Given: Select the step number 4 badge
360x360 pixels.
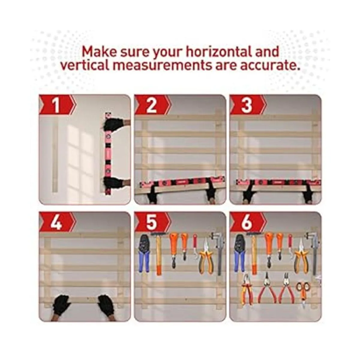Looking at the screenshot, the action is [57, 222].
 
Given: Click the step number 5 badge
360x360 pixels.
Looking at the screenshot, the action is [152, 222].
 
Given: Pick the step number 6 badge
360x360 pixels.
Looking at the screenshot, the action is [247, 222].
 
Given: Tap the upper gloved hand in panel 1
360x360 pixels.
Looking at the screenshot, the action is [111, 125].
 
